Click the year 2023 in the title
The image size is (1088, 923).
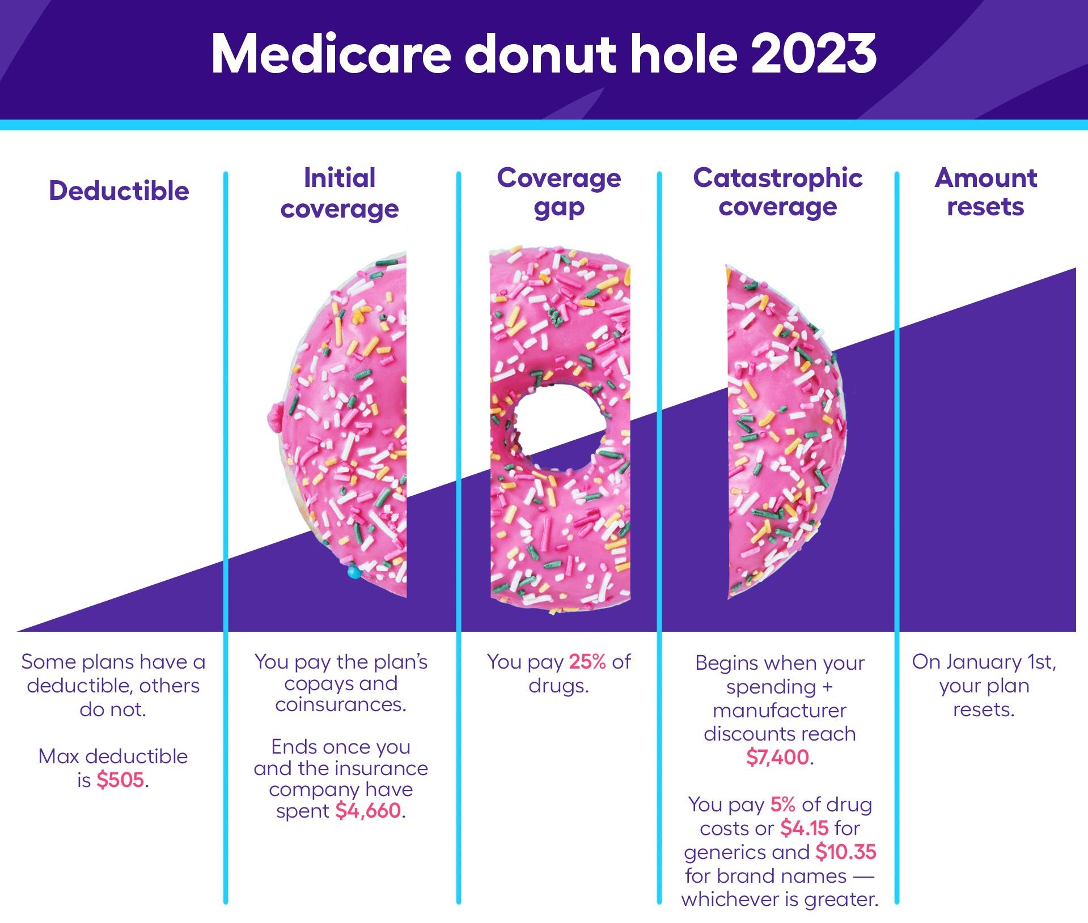pyautogui.click(x=814, y=54)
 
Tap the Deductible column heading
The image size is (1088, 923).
pyautogui.click(x=119, y=191)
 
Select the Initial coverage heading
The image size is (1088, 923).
pyautogui.click(x=340, y=193)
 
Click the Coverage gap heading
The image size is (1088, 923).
pyautogui.click(x=559, y=193)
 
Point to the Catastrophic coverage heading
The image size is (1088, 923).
pyautogui.click(x=778, y=193)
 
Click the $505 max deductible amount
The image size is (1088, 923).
pyautogui.click(x=120, y=780)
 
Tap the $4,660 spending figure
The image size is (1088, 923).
pyautogui.click(x=368, y=811)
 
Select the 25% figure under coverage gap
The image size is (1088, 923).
pyautogui.click(x=588, y=662)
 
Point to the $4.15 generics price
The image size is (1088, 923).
pyautogui.click(x=805, y=828)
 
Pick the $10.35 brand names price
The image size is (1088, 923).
pyautogui.click(x=846, y=852)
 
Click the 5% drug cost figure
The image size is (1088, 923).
pyautogui.click(x=783, y=805)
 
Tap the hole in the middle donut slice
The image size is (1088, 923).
pyautogui.click(x=559, y=420)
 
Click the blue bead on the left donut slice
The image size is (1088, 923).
pyautogui.click(x=354, y=573)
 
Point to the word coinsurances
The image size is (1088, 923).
pyautogui.click(x=341, y=705)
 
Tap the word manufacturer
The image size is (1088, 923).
pyautogui.click(x=780, y=710)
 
